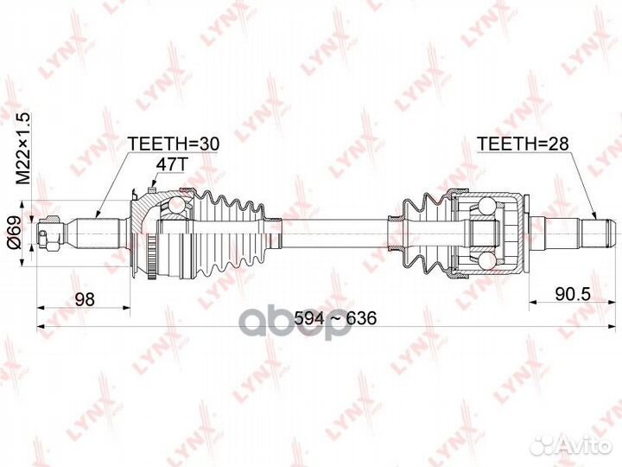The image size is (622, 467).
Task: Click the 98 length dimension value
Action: point(84,298)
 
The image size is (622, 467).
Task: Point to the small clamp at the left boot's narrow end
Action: point(275,232)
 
